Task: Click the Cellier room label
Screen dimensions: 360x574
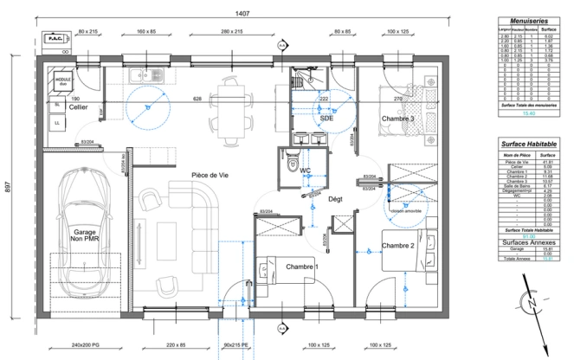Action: click(x=55, y=107)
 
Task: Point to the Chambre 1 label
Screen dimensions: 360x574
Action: click(x=302, y=267)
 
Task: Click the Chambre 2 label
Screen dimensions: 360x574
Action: click(x=398, y=246)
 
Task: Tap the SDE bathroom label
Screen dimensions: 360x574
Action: click(x=326, y=119)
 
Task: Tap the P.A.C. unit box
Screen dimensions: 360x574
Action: click(x=54, y=39)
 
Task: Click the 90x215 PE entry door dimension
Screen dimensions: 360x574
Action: click(x=235, y=345)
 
